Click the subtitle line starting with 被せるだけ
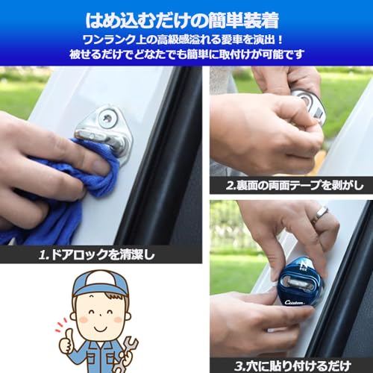(186, 55)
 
